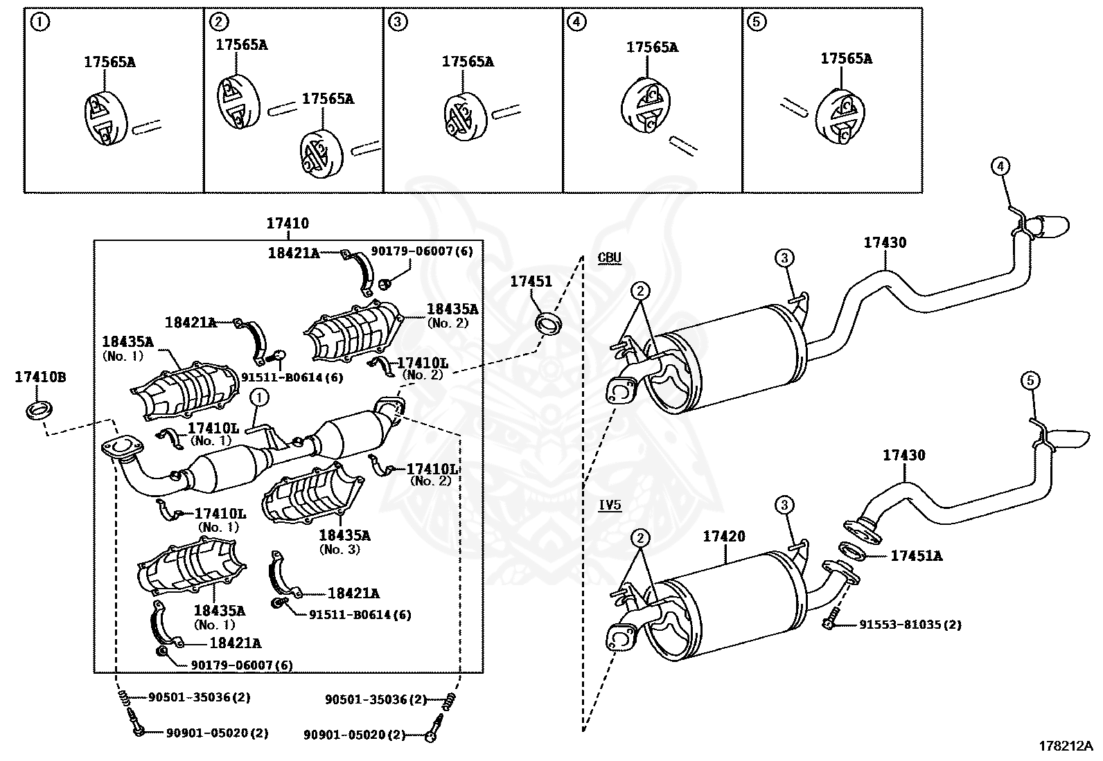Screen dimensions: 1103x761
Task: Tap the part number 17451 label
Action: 531,282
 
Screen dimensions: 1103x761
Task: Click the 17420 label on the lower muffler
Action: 724,536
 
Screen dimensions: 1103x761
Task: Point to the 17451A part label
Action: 916,556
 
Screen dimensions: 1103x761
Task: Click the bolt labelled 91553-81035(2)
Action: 831,620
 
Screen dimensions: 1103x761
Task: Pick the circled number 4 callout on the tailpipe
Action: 1000,167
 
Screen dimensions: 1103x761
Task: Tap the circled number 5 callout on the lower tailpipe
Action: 1030,381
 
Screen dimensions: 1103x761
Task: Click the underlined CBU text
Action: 610,258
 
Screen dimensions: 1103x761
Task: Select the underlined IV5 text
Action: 610,505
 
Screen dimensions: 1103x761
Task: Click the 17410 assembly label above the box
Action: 288,224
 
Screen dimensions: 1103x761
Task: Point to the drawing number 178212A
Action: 1065,746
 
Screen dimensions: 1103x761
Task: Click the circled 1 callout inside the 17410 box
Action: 259,397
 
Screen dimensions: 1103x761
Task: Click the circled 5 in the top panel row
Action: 757,21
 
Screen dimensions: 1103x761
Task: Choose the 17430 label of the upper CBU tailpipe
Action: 885,243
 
